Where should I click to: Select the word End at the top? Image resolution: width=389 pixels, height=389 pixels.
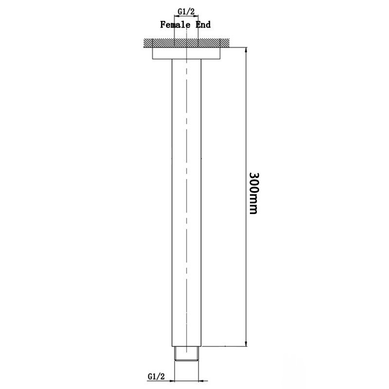point(203,24)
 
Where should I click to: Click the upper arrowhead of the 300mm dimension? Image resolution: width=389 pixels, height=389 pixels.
point(246,51)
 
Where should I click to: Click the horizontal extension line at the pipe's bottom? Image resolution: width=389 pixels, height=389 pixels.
point(224,347)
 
